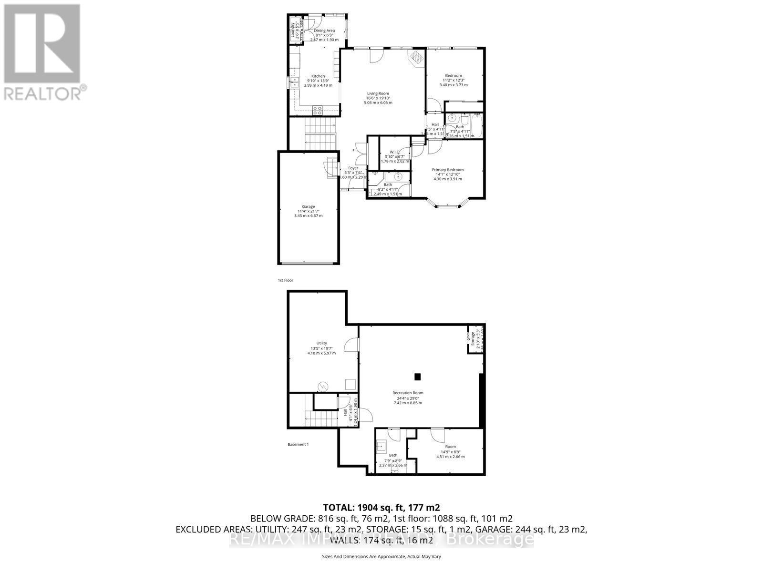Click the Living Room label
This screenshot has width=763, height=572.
(x=378, y=93)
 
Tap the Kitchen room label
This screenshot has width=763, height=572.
(x=318, y=76)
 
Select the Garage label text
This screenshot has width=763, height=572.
(x=308, y=206)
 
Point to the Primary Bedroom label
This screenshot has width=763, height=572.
(x=447, y=170)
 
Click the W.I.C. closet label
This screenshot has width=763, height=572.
(x=394, y=152)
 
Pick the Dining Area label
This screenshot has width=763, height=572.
(x=324, y=31)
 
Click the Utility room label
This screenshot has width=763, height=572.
(x=321, y=343)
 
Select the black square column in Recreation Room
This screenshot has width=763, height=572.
(x=418, y=377)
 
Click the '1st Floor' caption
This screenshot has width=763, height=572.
(x=285, y=280)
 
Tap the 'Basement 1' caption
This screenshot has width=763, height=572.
(x=298, y=445)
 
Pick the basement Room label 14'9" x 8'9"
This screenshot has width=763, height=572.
(x=450, y=447)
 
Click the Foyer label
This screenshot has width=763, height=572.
(x=353, y=168)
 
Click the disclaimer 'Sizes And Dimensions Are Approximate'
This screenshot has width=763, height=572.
(x=381, y=556)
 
